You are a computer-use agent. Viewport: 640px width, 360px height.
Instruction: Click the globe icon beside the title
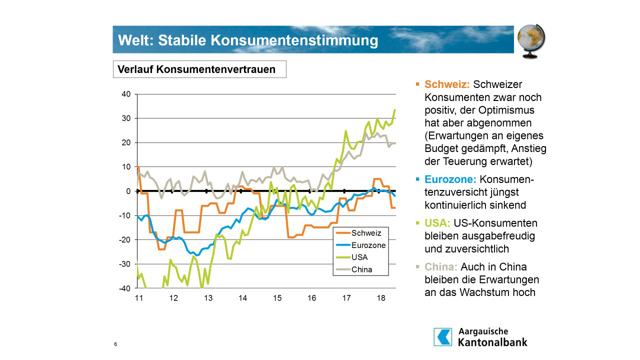point(530,40)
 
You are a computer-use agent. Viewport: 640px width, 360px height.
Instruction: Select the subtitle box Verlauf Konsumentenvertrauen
point(199,69)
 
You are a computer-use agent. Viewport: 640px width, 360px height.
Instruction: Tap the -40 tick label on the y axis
point(125,288)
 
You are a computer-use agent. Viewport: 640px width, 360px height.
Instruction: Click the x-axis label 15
point(277,298)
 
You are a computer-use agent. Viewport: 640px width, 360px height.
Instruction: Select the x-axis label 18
point(381,298)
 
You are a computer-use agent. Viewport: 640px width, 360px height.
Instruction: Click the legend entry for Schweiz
point(366,233)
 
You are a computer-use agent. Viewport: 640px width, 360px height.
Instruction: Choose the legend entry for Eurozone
point(368,245)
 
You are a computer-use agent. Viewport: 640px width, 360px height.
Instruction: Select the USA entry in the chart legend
point(359,257)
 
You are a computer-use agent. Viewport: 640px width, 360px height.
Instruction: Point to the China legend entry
point(361,269)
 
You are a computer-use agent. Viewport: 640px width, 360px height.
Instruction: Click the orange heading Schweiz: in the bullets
point(447,84)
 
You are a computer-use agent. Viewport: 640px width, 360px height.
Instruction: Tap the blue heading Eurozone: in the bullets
point(450,179)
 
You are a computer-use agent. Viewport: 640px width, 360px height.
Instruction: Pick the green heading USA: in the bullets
point(437,223)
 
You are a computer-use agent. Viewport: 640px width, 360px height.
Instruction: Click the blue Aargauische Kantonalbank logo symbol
point(442,337)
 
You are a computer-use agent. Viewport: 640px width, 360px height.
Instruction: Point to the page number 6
point(115,344)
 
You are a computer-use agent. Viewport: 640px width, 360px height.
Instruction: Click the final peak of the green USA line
point(394,109)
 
